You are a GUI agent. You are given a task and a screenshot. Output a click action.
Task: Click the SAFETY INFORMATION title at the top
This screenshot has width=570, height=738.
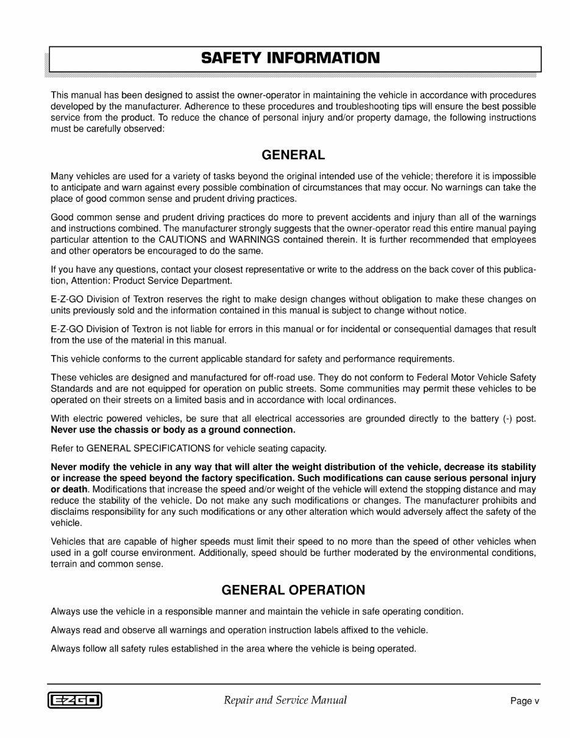[290, 59]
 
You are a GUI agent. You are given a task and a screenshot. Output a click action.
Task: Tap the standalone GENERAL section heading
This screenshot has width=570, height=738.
[293, 155]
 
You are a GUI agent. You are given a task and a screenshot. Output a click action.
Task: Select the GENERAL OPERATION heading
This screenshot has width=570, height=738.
[293, 590]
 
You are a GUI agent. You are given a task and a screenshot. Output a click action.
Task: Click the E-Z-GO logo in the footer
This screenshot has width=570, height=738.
[74, 700]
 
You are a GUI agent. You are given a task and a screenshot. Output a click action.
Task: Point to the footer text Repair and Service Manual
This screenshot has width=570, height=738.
[285, 700]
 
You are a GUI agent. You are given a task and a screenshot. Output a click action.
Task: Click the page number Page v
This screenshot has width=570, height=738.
[525, 701]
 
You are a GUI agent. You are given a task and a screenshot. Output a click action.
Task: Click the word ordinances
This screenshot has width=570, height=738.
[373, 400]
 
